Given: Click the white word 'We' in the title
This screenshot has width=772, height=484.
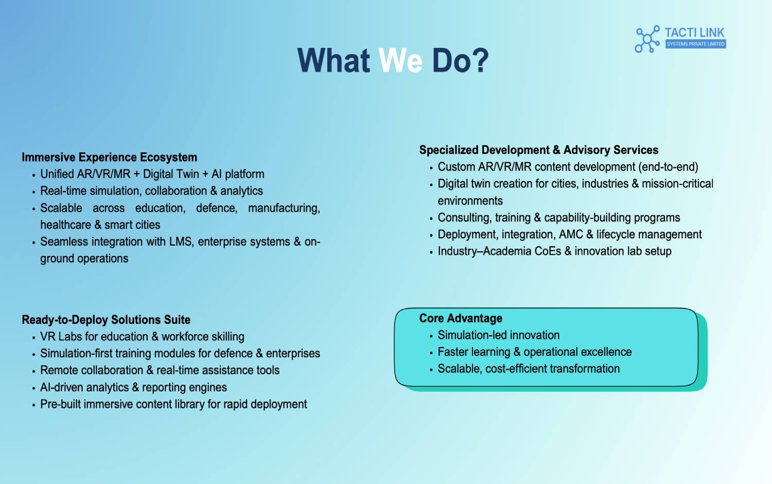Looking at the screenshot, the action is pos(400,60).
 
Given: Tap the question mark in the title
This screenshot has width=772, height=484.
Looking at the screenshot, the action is pos(479,60).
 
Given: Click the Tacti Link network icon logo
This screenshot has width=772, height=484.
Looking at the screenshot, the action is pos(647,39).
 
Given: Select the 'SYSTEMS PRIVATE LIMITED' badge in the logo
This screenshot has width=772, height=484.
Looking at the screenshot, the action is pos(695,44).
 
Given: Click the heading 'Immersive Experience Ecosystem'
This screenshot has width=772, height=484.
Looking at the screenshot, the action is pos(109,157).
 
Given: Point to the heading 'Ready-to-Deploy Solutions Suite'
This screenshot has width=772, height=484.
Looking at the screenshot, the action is pos(106,320).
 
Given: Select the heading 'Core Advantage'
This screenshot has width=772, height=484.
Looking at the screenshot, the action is pos(461,318).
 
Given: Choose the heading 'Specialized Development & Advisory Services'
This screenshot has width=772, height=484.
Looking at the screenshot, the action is pos(539,150).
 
